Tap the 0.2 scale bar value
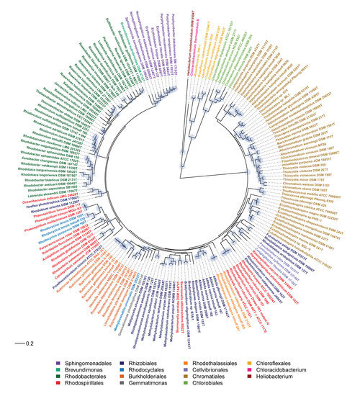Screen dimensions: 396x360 click(x=30, y=343)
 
